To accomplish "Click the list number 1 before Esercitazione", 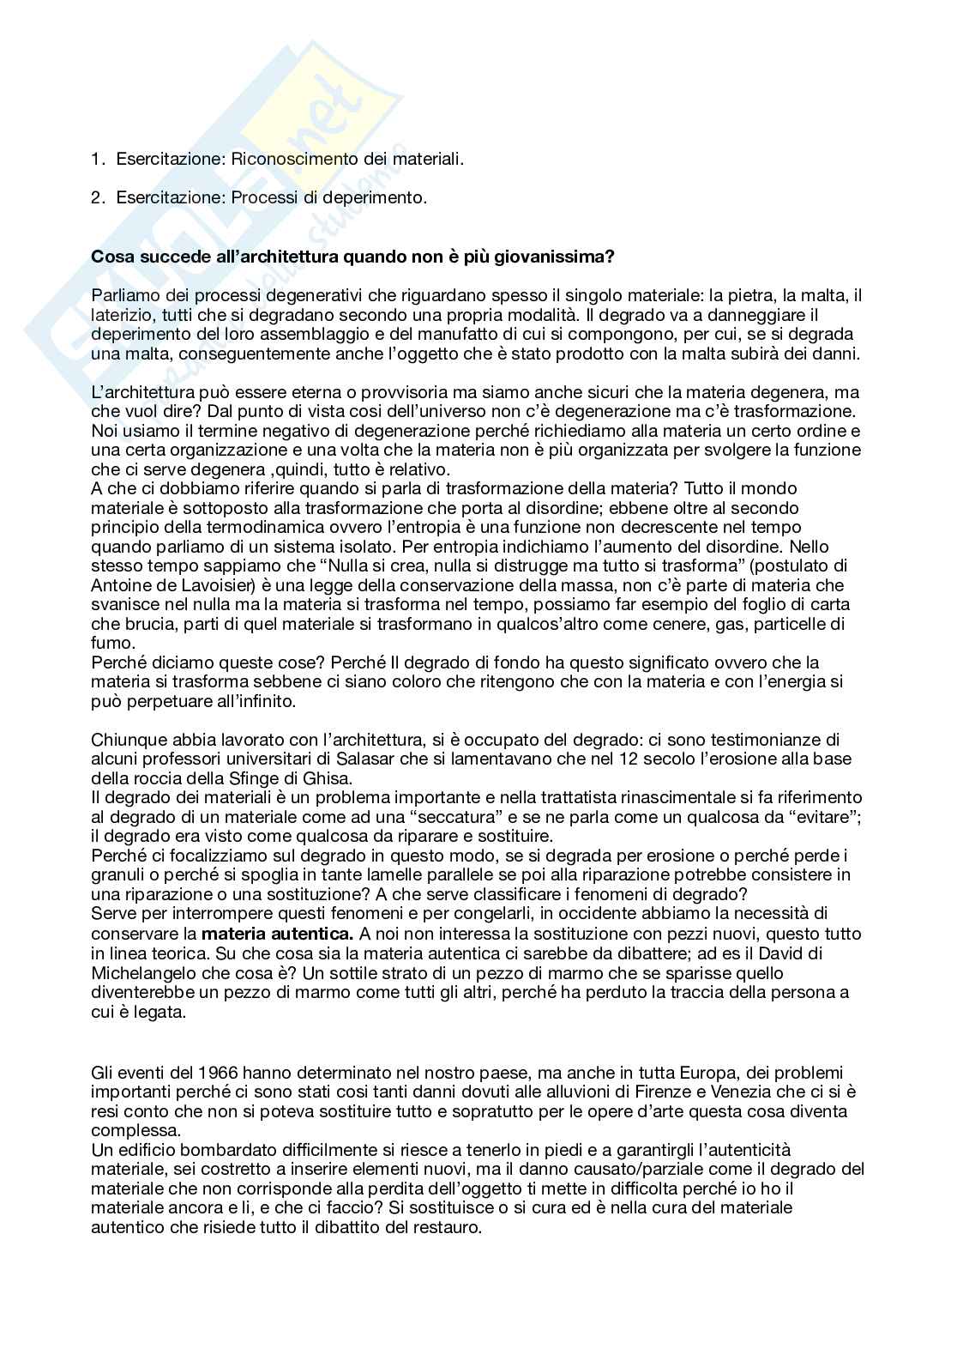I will tap(96, 159).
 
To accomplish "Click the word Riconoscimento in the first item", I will tap(286, 159).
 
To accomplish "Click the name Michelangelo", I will tap(142, 973).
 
